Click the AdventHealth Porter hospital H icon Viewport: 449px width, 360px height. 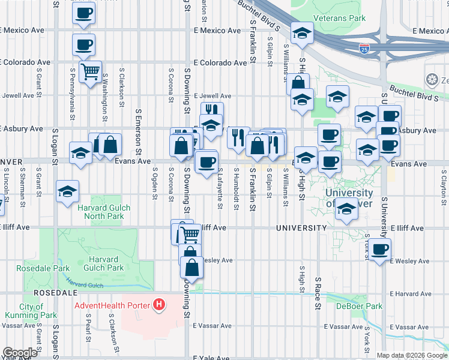(158, 305)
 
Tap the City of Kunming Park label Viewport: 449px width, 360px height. (31, 311)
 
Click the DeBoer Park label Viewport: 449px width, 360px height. (367, 306)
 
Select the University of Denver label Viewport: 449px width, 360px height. (349, 198)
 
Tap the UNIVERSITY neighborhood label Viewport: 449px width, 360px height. (301, 228)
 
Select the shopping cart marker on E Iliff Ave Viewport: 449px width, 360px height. (190, 234)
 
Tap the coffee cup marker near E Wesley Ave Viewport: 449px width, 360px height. (379, 250)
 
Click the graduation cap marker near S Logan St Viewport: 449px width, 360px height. (68, 192)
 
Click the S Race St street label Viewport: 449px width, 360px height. (318, 293)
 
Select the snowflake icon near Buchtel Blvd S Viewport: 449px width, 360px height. (431, 79)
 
